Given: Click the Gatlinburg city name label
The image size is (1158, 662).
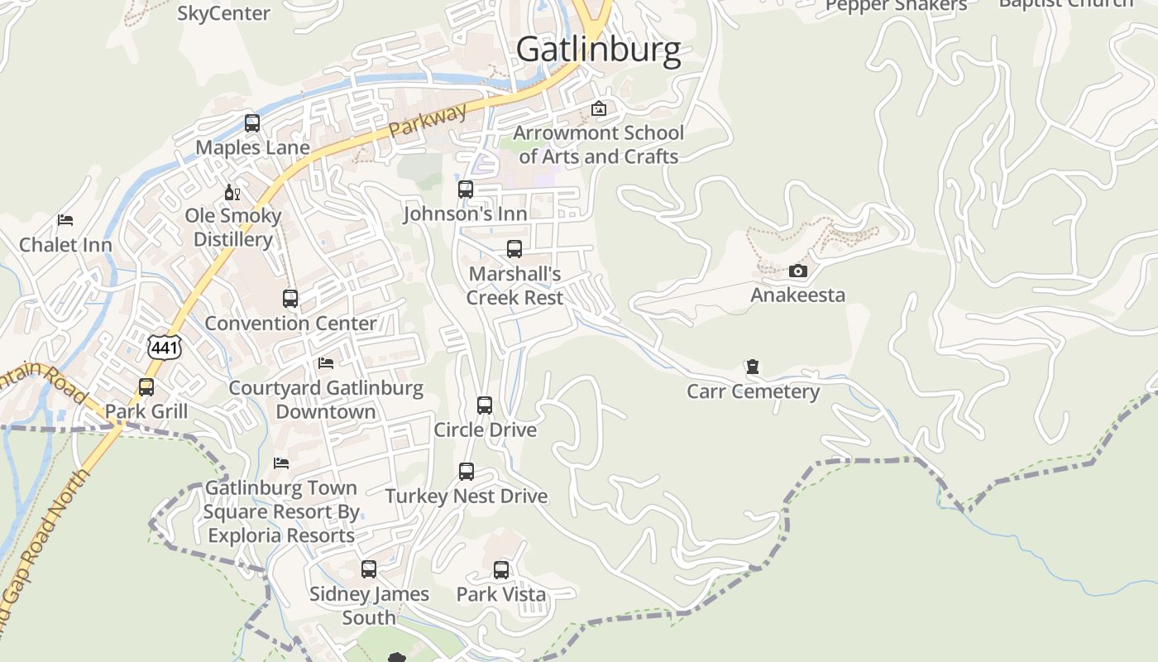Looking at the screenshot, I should (x=598, y=50).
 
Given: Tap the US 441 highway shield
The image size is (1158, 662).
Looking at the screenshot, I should (x=165, y=348).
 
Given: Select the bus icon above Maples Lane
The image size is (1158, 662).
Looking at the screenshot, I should (x=252, y=123).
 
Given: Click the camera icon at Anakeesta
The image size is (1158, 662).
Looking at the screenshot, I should (x=797, y=271).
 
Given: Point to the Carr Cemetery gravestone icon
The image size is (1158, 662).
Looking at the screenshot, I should (x=753, y=367).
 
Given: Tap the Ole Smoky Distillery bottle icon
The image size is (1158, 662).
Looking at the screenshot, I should (x=232, y=192).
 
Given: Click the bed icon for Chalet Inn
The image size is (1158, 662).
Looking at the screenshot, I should (x=65, y=220).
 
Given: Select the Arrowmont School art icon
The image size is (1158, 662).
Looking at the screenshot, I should (x=598, y=108).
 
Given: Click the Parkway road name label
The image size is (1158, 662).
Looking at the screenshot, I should (x=428, y=122).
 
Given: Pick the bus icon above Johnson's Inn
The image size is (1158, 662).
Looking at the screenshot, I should (x=466, y=189).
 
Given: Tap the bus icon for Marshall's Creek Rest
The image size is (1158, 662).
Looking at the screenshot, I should (x=514, y=249).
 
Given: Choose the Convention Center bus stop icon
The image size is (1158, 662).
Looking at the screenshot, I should (x=290, y=299).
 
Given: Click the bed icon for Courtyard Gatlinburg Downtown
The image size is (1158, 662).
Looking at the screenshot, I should (x=326, y=363).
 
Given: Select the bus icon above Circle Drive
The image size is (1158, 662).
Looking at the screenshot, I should (x=485, y=405).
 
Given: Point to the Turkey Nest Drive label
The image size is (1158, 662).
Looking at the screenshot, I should (x=467, y=496).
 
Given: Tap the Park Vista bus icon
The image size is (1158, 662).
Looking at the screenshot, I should (x=501, y=570).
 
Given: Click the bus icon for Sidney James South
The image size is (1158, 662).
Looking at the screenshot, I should (x=369, y=569).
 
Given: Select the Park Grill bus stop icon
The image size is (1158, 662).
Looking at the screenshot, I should (x=146, y=387).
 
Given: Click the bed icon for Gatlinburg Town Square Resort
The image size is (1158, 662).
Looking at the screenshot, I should (x=281, y=463).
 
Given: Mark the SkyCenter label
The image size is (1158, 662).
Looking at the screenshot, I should (x=223, y=13).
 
